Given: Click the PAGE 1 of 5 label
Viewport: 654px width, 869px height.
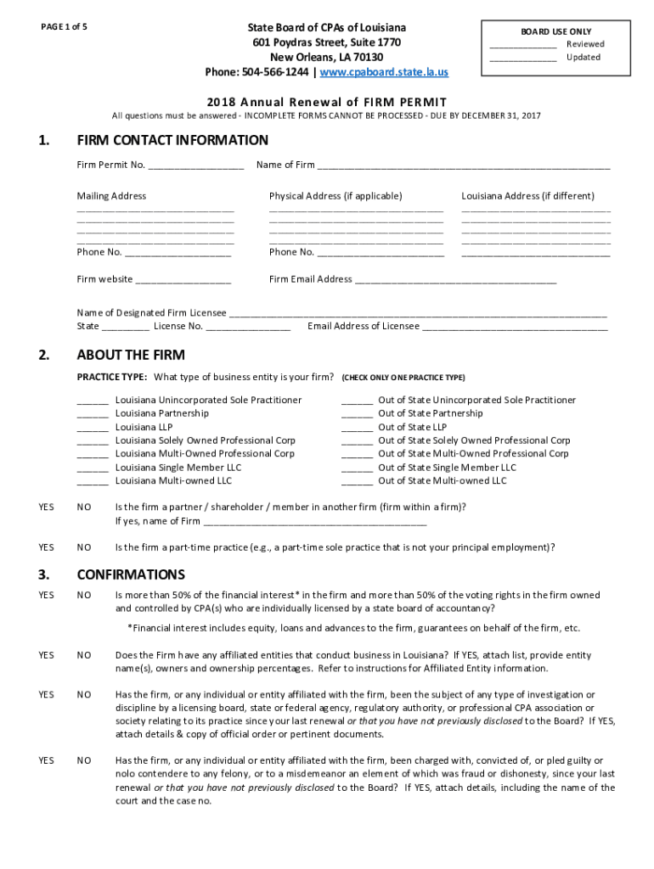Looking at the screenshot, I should tap(65, 26).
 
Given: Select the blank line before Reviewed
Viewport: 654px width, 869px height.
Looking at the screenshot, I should tap(523, 45).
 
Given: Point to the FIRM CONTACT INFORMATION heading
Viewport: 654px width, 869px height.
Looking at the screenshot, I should tap(172, 140).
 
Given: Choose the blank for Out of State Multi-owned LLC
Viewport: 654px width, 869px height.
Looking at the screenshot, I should tap(357, 482).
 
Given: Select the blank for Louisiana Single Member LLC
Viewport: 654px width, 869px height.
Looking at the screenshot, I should tap(93, 468).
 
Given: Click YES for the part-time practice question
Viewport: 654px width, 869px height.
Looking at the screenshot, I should tap(46, 547).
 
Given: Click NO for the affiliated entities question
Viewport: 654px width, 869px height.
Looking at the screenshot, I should tap(84, 655).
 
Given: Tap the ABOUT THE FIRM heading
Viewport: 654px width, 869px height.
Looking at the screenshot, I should tap(131, 355).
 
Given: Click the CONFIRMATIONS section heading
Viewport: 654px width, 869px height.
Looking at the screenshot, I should tap(131, 575).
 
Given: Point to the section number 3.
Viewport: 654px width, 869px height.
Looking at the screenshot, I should tap(44, 575).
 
